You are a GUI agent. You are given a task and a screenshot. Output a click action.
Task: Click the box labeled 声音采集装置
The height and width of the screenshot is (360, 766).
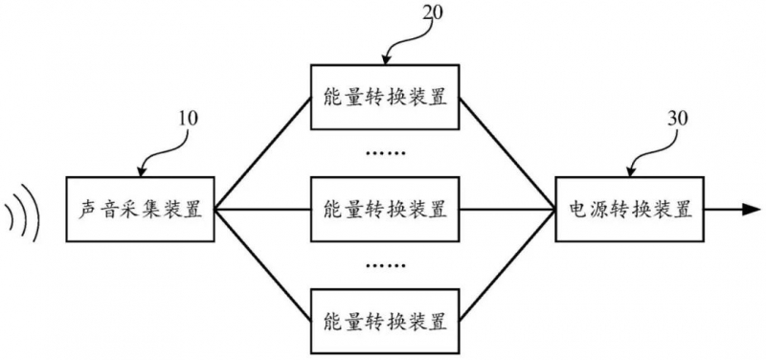[140, 209]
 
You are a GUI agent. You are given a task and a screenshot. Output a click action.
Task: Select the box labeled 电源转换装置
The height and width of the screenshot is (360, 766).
[630, 209]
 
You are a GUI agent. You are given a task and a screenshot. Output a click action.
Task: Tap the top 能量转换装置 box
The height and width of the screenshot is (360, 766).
[385, 98]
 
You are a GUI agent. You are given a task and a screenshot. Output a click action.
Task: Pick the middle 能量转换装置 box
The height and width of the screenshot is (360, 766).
[385, 209]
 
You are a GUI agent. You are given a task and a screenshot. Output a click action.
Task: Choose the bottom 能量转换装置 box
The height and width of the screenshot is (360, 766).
[385, 322]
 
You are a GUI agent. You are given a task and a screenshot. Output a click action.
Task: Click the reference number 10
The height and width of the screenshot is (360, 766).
[187, 119]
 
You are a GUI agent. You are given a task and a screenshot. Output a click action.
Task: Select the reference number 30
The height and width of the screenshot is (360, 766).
[677, 119]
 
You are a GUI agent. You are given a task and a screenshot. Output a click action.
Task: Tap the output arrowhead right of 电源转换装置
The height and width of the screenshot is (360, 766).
[752, 210]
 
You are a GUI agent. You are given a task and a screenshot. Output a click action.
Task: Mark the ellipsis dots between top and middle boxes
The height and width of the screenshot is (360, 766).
[385, 153]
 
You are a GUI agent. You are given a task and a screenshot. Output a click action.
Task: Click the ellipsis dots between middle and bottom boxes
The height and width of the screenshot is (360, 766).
[385, 266]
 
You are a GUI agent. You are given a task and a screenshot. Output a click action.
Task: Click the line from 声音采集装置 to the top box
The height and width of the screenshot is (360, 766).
[262, 153]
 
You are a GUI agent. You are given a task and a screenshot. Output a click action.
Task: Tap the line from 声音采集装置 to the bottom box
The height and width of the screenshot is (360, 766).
[262, 265]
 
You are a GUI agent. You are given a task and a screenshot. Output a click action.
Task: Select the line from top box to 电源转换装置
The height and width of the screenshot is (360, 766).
[507, 153]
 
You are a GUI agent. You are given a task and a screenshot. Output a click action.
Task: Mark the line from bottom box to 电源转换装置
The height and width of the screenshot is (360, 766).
[507, 265]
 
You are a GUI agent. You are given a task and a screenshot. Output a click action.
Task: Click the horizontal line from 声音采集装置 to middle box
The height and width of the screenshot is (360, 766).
[262, 210]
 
